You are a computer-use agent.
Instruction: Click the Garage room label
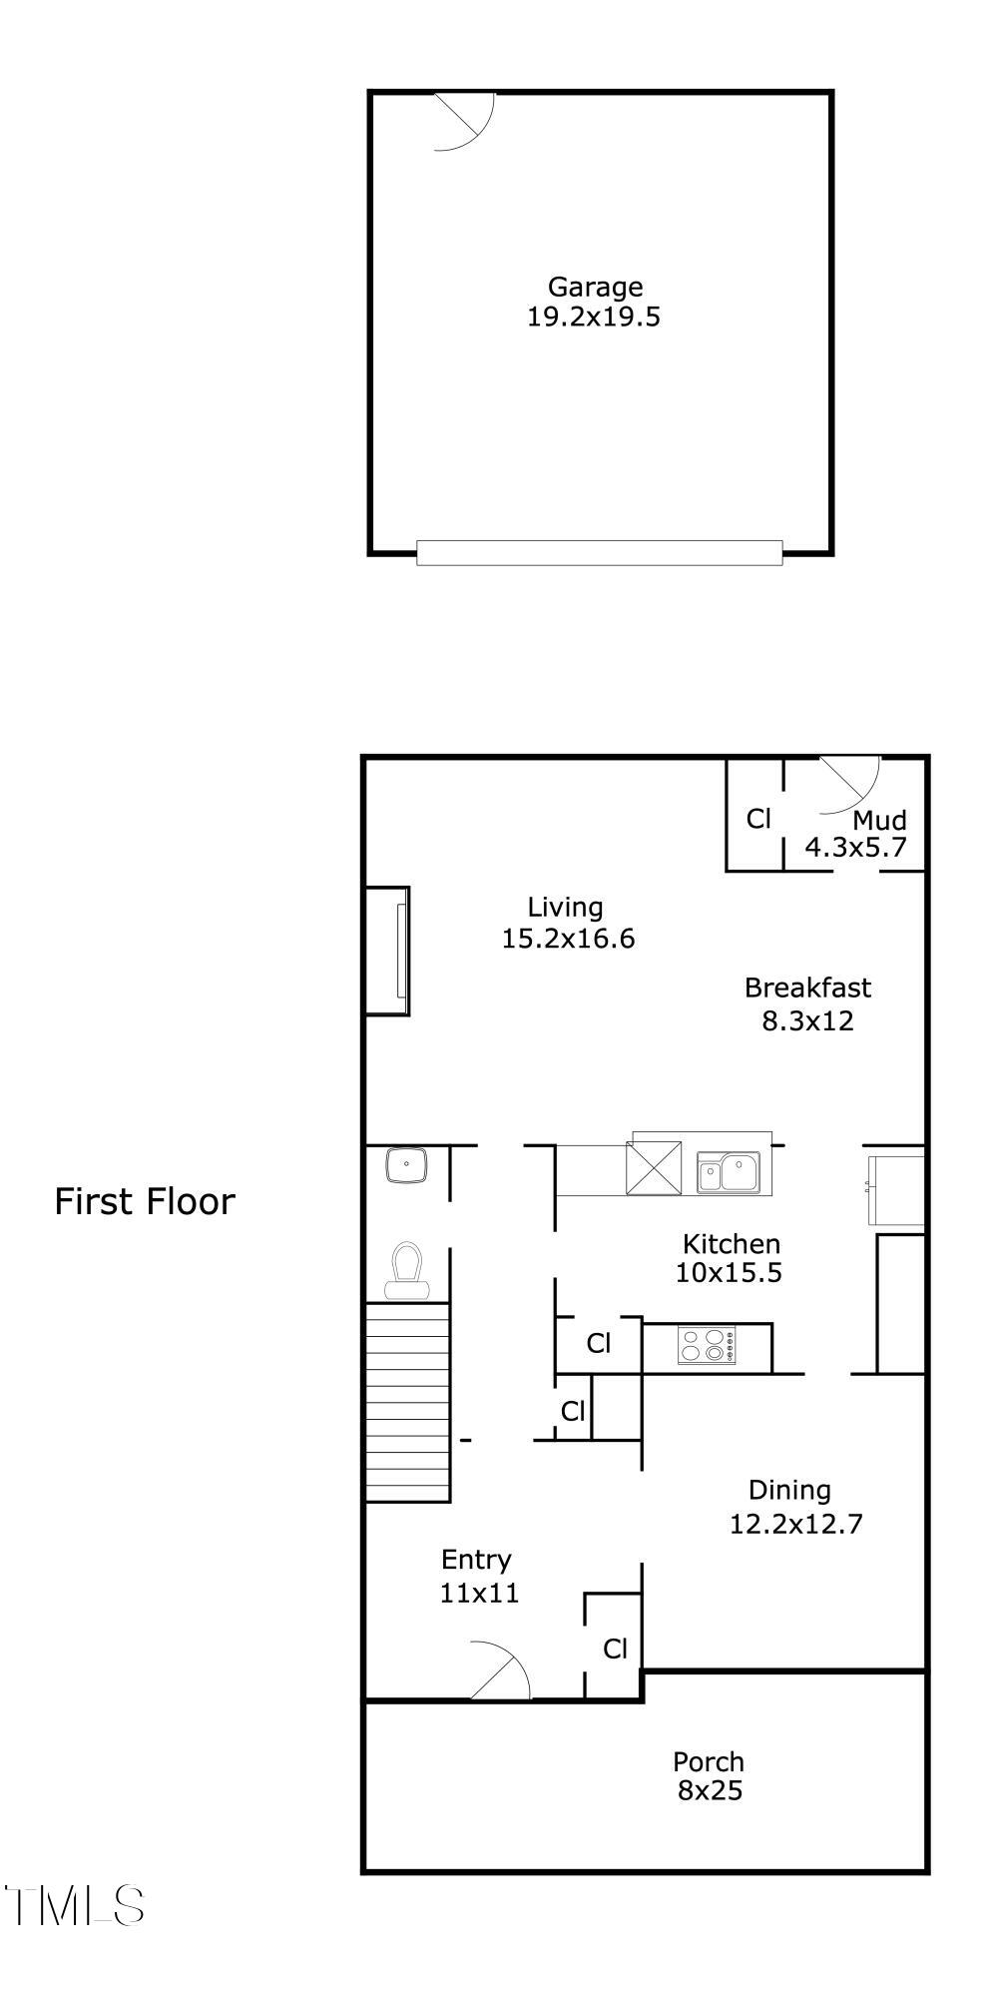595,288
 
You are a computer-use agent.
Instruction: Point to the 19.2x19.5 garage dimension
594,318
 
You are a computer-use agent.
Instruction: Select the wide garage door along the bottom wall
599,552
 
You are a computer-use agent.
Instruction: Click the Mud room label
880,821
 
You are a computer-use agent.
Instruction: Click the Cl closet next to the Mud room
758,819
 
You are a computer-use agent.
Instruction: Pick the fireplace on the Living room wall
388,951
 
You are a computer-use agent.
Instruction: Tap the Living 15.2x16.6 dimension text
568,939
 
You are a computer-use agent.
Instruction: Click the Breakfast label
807,989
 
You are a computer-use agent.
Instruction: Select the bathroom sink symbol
406,1165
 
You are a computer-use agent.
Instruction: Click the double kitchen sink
729,1171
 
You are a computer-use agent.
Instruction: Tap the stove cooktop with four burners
706,1345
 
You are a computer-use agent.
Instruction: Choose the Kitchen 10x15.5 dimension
729,1273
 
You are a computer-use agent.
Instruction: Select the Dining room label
789,1491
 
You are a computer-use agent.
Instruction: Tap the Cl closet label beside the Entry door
615,1649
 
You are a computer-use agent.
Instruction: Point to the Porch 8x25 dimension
710,1791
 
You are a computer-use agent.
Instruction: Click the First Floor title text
145,1201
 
